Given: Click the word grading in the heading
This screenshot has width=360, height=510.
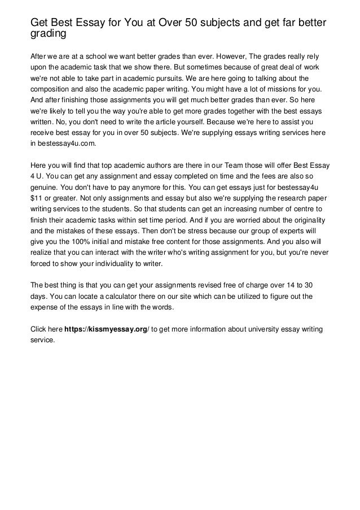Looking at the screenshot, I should (48, 34).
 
